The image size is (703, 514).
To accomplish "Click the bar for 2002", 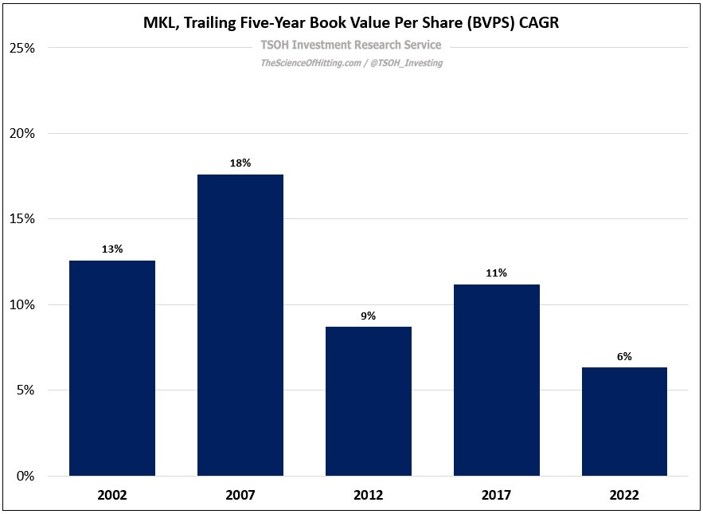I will click(x=112, y=368).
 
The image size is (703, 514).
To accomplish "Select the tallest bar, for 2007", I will click(x=240, y=325).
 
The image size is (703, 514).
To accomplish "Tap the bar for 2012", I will click(x=368, y=401).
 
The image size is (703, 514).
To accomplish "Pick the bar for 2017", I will click(x=496, y=380).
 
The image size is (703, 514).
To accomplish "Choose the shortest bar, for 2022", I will click(x=624, y=422).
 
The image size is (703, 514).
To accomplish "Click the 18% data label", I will click(x=240, y=163).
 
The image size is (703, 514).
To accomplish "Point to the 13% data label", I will click(x=112, y=249).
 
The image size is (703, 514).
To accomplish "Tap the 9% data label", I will click(x=368, y=316).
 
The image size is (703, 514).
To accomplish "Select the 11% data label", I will click(x=496, y=273).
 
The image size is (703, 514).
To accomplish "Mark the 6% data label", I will click(x=624, y=356).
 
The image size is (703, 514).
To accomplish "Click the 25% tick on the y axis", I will click(x=21, y=48).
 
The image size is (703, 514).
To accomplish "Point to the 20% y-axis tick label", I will click(x=21, y=134).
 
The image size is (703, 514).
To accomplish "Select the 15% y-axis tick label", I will click(x=21, y=219).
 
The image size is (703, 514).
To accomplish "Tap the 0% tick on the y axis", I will click(x=25, y=477).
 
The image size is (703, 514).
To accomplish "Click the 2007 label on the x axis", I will click(x=240, y=495).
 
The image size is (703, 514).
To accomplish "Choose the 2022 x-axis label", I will click(x=624, y=495).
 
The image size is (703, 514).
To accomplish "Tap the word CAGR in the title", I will click(x=540, y=23).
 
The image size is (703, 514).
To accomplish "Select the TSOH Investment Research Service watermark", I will click(x=351, y=45).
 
